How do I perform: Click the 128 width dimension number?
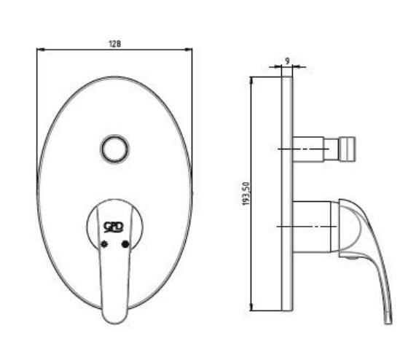(x=115, y=44)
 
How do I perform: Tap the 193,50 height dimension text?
(x=246, y=194)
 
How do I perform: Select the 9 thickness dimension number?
(x=287, y=61)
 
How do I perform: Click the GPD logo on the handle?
(x=114, y=227)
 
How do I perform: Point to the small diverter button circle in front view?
(x=115, y=149)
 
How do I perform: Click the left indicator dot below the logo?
(x=105, y=244)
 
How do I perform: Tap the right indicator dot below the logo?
(x=125, y=244)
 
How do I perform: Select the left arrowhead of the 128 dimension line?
(x=40, y=49)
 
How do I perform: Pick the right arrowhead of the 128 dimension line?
(x=189, y=49)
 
